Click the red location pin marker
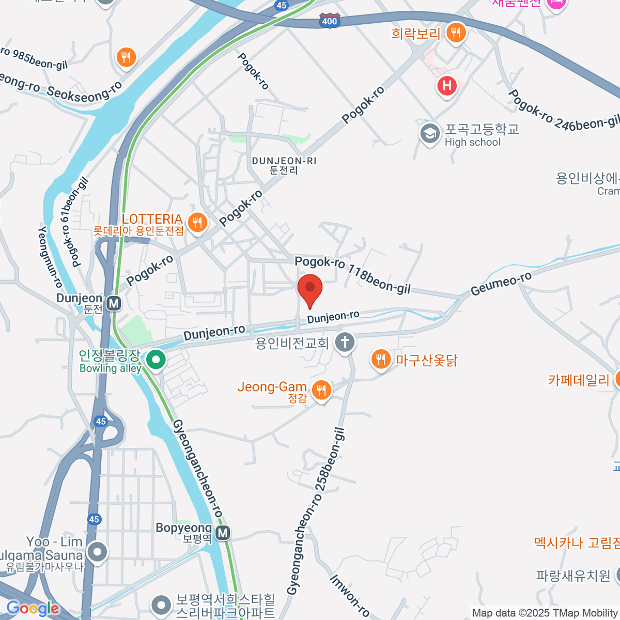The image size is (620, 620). pyautogui.click(x=310, y=289)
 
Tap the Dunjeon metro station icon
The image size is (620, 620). pyautogui.click(x=114, y=303)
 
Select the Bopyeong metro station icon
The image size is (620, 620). pyautogui.click(x=223, y=533)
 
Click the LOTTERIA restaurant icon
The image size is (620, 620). pyautogui.click(x=197, y=223)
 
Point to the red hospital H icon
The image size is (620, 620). pyautogui.click(x=447, y=86)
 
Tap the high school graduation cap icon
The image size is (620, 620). pyautogui.click(x=429, y=134)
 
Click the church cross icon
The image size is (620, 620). pyautogui.click(x=345, y=342)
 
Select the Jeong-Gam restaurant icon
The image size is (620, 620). pyautogui.click(x=321, y=390)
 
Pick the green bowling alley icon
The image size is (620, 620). pyautogui.click(x=155, y=360)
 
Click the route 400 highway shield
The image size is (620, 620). pyautogui.click(x=329, y=21)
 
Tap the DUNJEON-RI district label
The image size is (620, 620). pyautogui.click(x=284, y=165)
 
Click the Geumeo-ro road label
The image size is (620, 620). pyautogui.click(x=501, y=284)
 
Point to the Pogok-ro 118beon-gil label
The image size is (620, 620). pyautogui.click(x=352, y=275)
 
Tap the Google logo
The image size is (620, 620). pyautogui.click(x=33, y=608)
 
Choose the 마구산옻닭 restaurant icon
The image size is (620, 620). pyautogui.click(x=381, y=360)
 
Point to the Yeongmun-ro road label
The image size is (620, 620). pyautogui.click(x=50, y=257)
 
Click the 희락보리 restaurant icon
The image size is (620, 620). pyautogui.click(x=455, y=33)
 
